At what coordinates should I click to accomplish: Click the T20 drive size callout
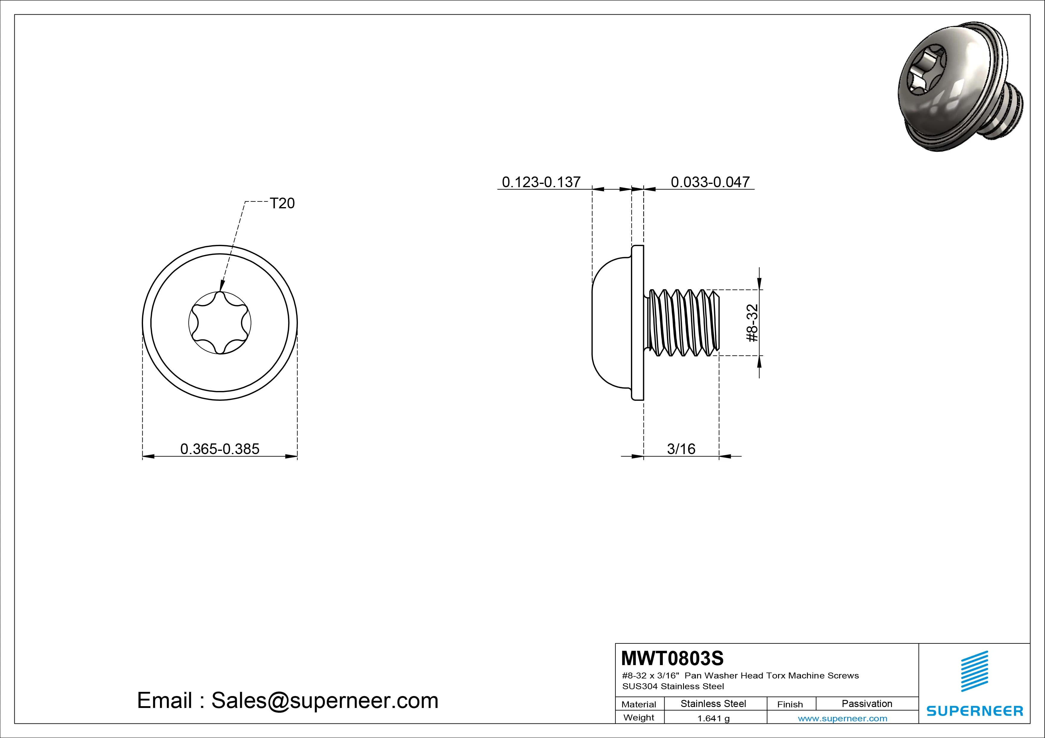(x=282, y=203)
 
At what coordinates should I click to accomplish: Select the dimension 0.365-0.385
(x=220, y=449)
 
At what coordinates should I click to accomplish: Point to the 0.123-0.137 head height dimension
(x=541, y=182)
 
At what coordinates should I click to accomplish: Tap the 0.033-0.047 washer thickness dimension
(x=710, y=182)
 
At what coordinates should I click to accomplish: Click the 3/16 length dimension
(x=681, y=449)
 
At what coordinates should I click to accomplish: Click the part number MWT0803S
(x=672, y=658)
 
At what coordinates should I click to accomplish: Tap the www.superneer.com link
(x=842, y=718)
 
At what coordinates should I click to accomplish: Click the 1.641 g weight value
(x=713, y=718)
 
